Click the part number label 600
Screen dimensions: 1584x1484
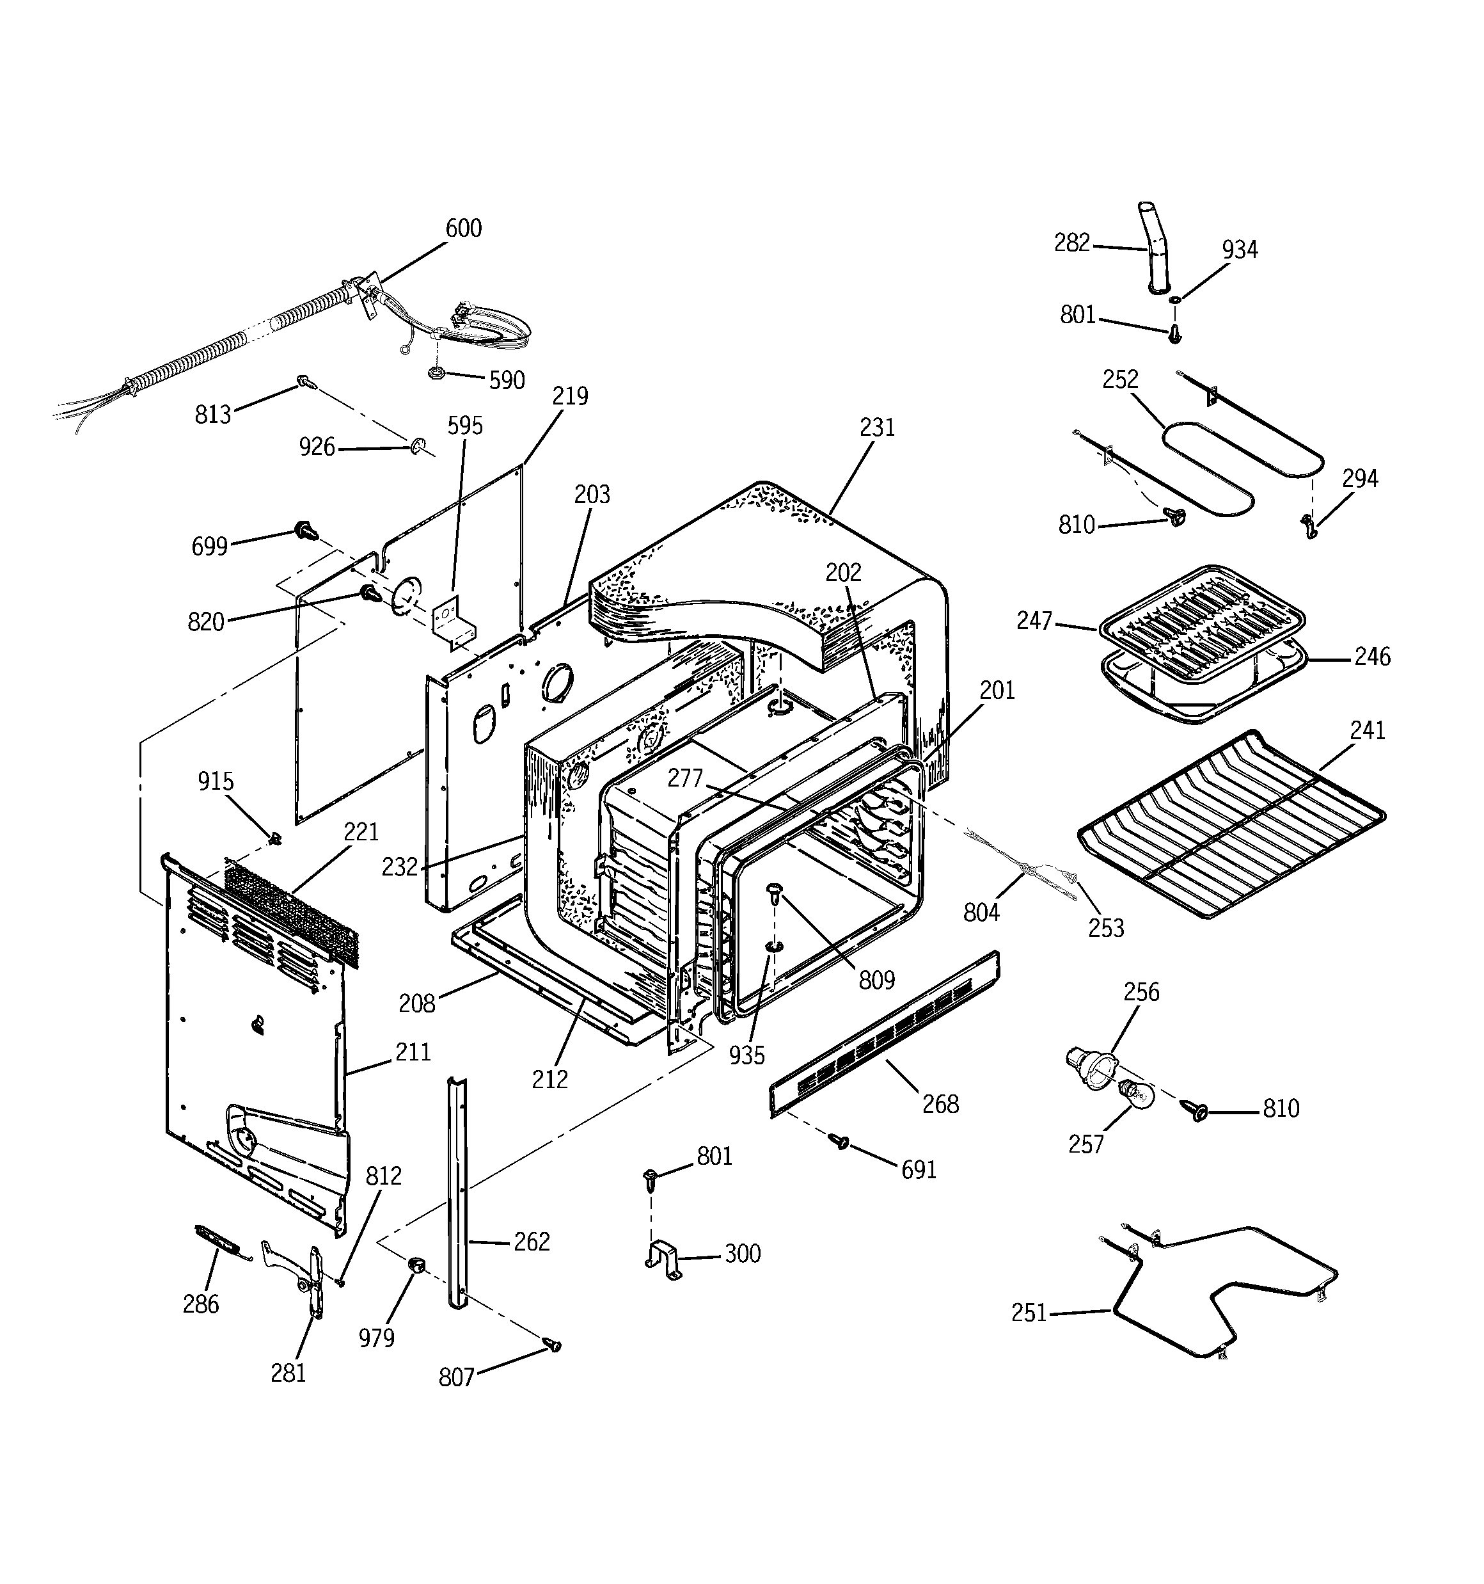(463, 228)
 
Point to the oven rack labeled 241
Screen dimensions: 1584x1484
(1231, 825)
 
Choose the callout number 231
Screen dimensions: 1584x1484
(877, 428)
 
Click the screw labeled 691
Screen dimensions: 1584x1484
(839, 1142)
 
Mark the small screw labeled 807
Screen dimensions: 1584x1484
(552, 1346)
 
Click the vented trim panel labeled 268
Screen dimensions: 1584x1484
(884, 1034)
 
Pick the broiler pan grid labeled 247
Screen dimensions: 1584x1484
(1202, 604)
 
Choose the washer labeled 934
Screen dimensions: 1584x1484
(1175, 299)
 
